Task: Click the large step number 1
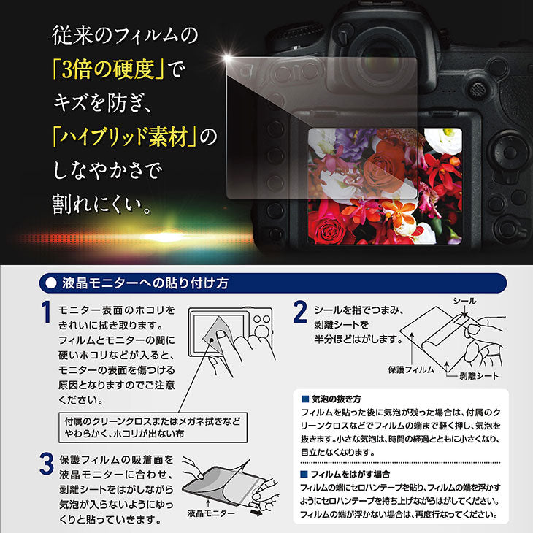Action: (x=46, y=312)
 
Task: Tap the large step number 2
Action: (x=299, y=312)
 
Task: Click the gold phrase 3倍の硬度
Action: (x=109, y=71)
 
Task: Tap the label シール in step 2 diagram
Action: (x=465, y=301)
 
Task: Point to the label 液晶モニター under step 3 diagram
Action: (x=212, y=514)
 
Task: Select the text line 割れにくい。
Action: (x=102, y=202)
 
